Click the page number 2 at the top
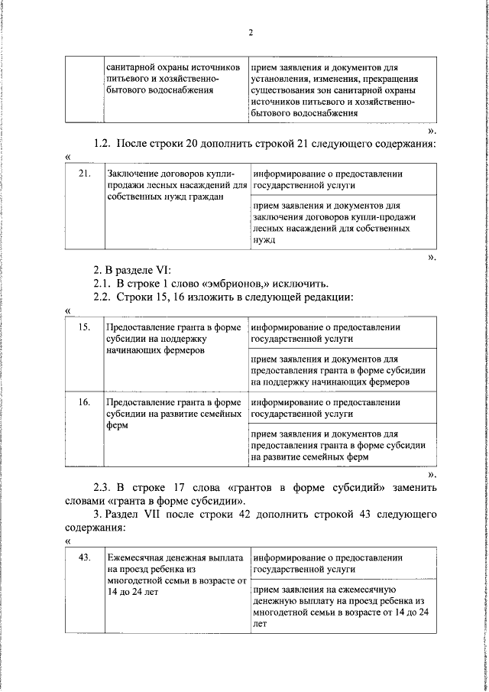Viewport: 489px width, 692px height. tap(250, 32)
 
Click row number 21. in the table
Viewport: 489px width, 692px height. tap(85, 174)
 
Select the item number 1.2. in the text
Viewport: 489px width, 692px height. tap(103, 143)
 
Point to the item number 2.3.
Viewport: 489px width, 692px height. tap(103, 488)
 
